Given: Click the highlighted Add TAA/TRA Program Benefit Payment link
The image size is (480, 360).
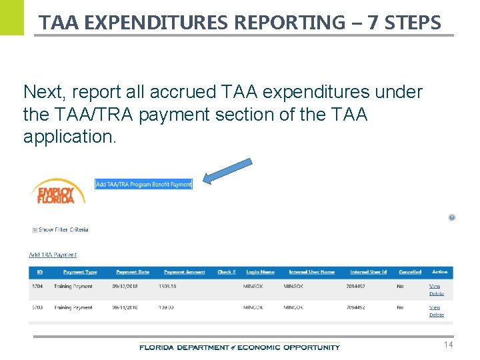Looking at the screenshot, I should tap(143, 184).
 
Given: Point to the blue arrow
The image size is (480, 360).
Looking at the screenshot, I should tap(227, 171).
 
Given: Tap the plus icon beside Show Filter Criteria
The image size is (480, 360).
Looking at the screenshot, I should tap(34, 230).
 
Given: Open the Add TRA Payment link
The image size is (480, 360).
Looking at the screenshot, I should tap(53, 255).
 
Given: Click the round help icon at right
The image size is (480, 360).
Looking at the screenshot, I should tap(452, 217).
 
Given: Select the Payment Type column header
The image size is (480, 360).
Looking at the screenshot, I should tap(80, 272).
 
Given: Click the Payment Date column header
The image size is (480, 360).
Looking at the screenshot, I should tap(133, 272).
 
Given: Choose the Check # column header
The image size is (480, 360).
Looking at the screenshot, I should tap(226, 272).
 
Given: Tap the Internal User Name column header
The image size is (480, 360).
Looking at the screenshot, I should tap(311, 272).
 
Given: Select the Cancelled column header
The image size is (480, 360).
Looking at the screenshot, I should tap(410, 272).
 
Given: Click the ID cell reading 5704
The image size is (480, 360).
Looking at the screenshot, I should tap(37, 286).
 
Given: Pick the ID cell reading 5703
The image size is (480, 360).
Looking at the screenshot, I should tap(37, 307).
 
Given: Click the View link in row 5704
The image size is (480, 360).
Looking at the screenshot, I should tap(435, 286).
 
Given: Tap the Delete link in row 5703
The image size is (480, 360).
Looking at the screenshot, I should tap(437, 315).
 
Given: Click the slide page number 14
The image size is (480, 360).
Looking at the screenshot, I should tap(448, 345).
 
